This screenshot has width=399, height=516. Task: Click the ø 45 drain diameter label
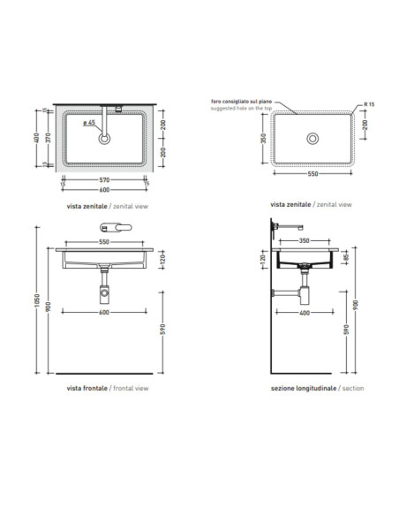click(x=89, y=123)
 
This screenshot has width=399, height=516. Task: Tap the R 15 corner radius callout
click(x=369, y=104)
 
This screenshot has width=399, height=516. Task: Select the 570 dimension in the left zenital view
click(x=104, y=180)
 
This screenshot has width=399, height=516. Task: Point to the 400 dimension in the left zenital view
click(x=37, y=138)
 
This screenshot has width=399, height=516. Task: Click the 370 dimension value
click(x=49, y=138)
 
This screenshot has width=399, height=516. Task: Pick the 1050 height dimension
click(x=37, y=300)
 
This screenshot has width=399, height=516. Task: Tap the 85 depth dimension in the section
click(x=346, y=258)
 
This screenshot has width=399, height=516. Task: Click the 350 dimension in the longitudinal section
click(x=305, y=241)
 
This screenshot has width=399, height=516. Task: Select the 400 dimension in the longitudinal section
click(x=305, y=313)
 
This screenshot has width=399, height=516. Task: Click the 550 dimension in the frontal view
click(x=104, y=242)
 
